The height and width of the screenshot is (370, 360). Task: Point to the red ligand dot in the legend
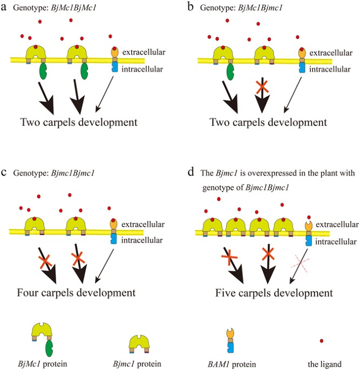pos(322,341)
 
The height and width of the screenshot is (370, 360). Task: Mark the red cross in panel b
pos(262,86)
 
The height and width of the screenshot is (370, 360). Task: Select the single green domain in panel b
pos(229,70)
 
